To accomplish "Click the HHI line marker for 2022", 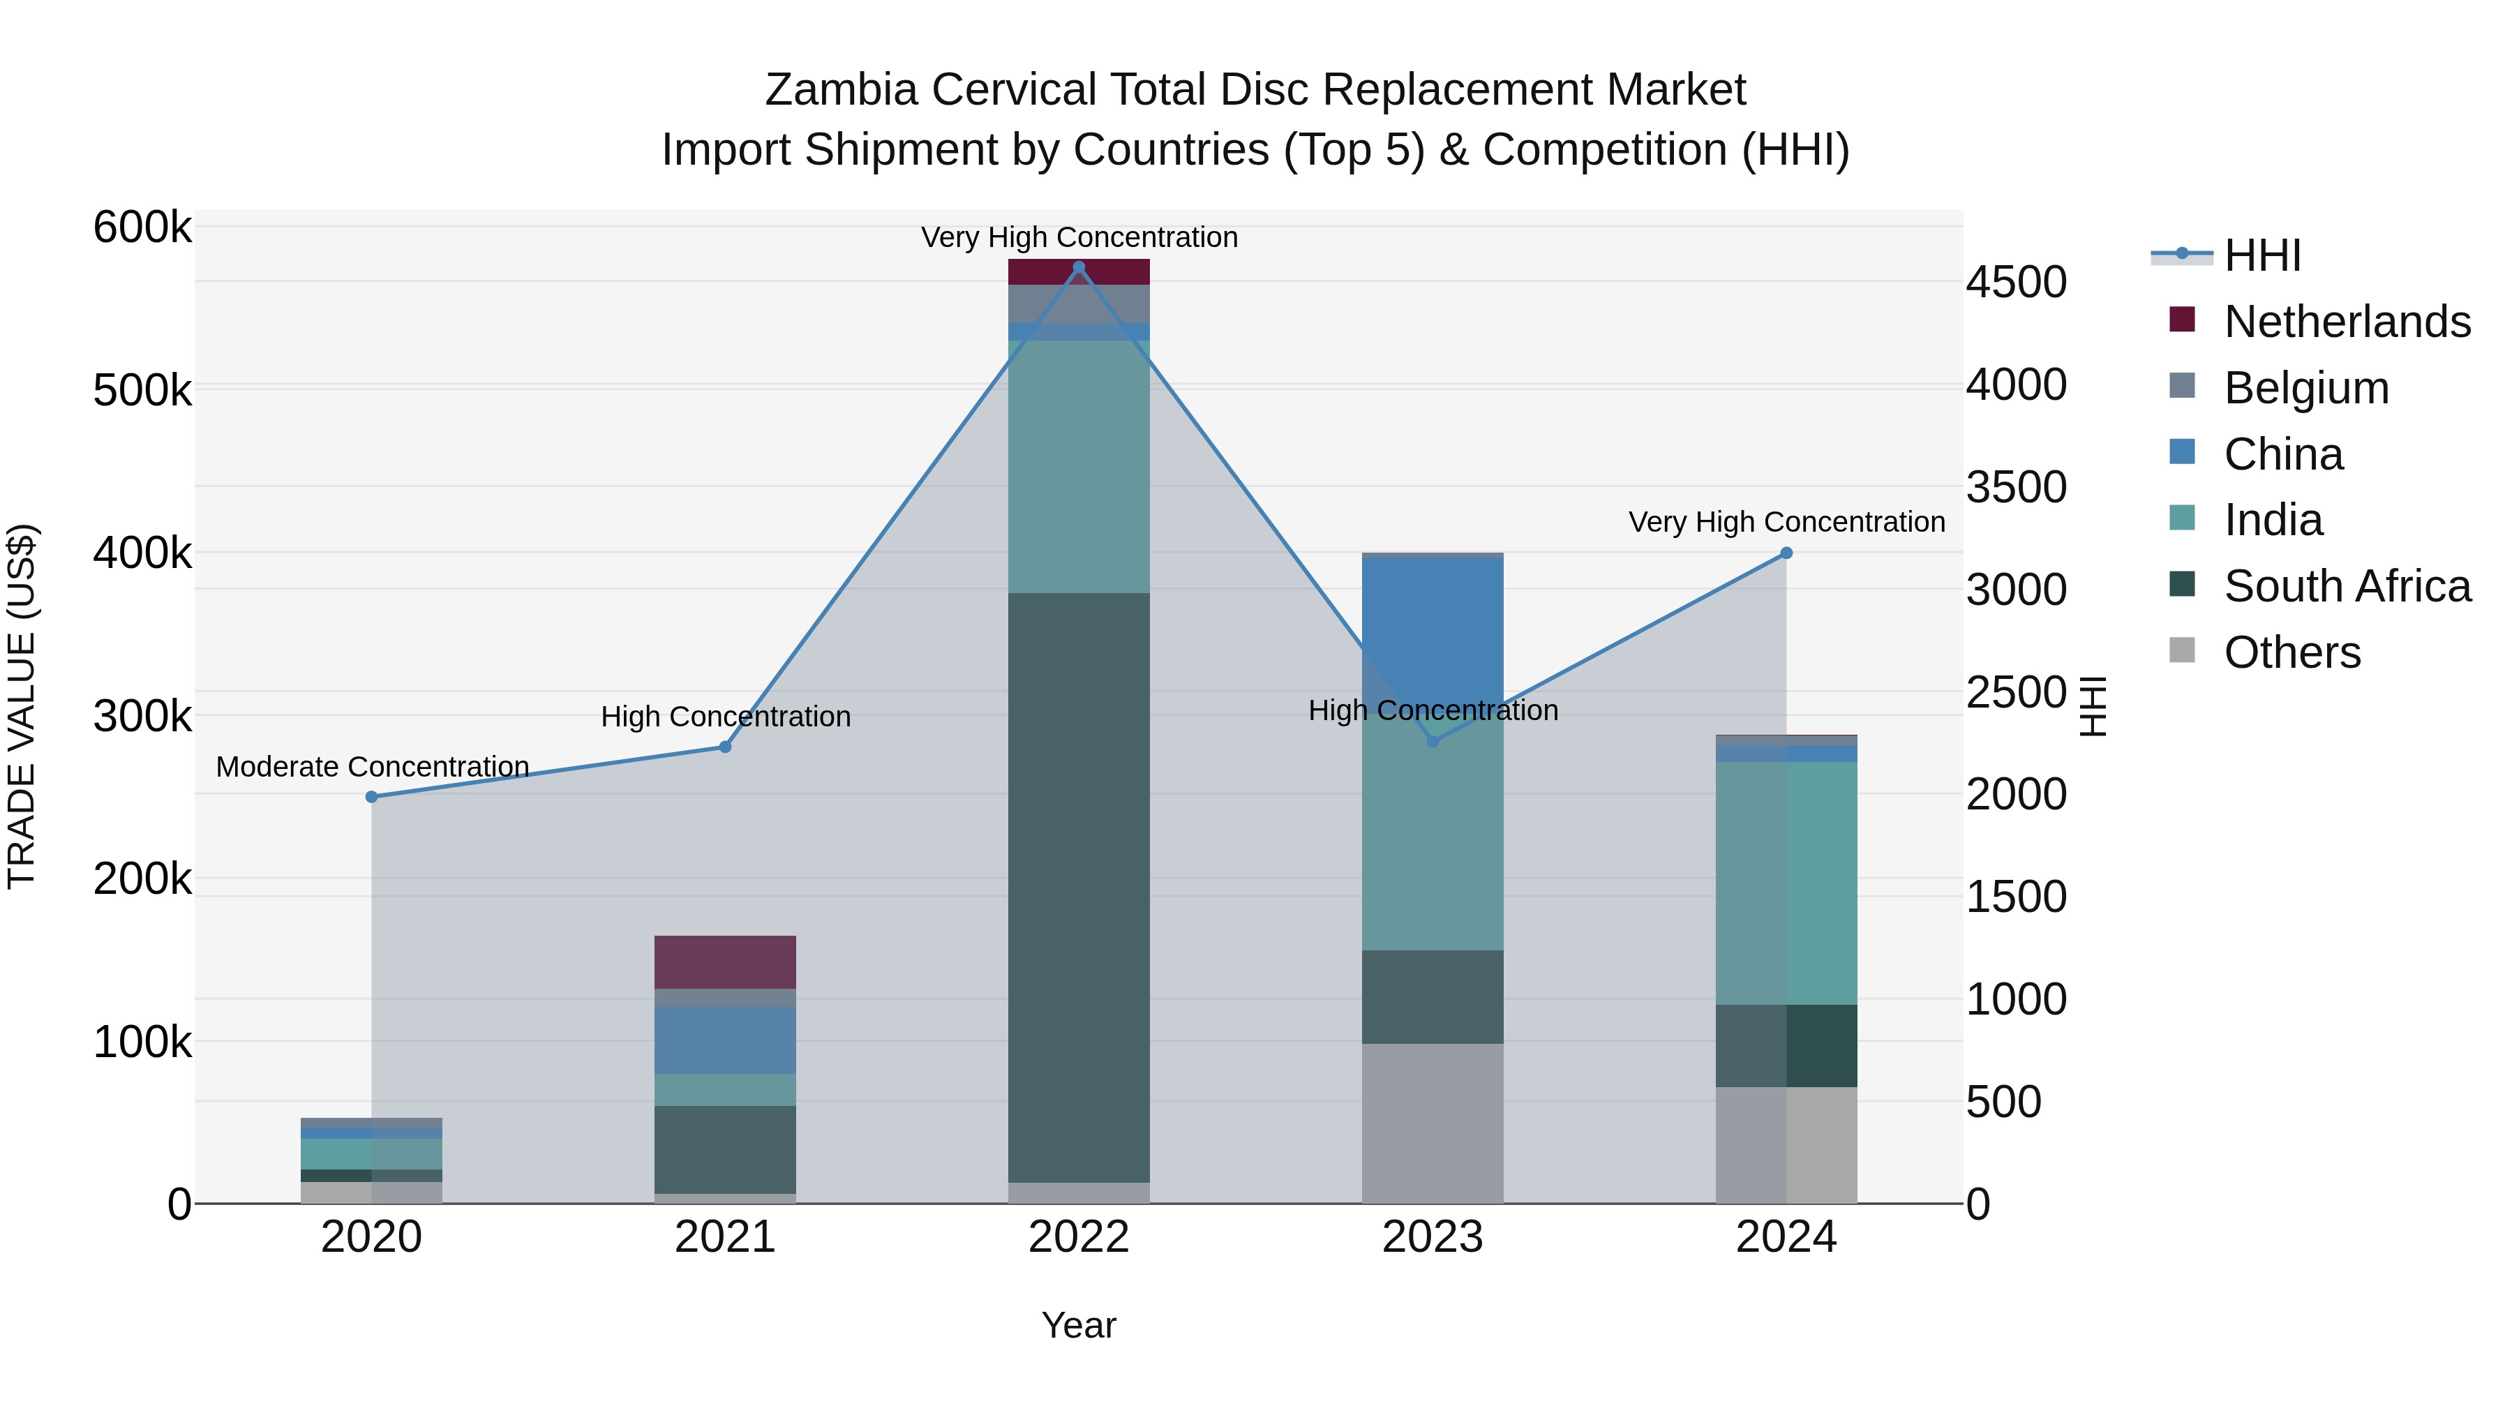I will point(1079,267).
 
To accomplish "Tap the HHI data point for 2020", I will point(371,797).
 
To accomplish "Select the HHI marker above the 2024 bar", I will point(1786,553).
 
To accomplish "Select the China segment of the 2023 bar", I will point(1433,634).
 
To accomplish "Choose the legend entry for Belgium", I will point(2306,388).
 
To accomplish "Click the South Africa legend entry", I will point(2347,586).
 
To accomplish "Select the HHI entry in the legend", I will point(2262,255).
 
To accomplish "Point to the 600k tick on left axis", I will point(142,228).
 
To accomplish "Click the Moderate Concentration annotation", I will point(373,766).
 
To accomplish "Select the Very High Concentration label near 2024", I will point(1786,522).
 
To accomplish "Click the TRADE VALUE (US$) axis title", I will point(22,706).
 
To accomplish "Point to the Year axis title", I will point(1079,1325).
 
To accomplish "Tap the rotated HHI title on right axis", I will point(2093,706).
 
